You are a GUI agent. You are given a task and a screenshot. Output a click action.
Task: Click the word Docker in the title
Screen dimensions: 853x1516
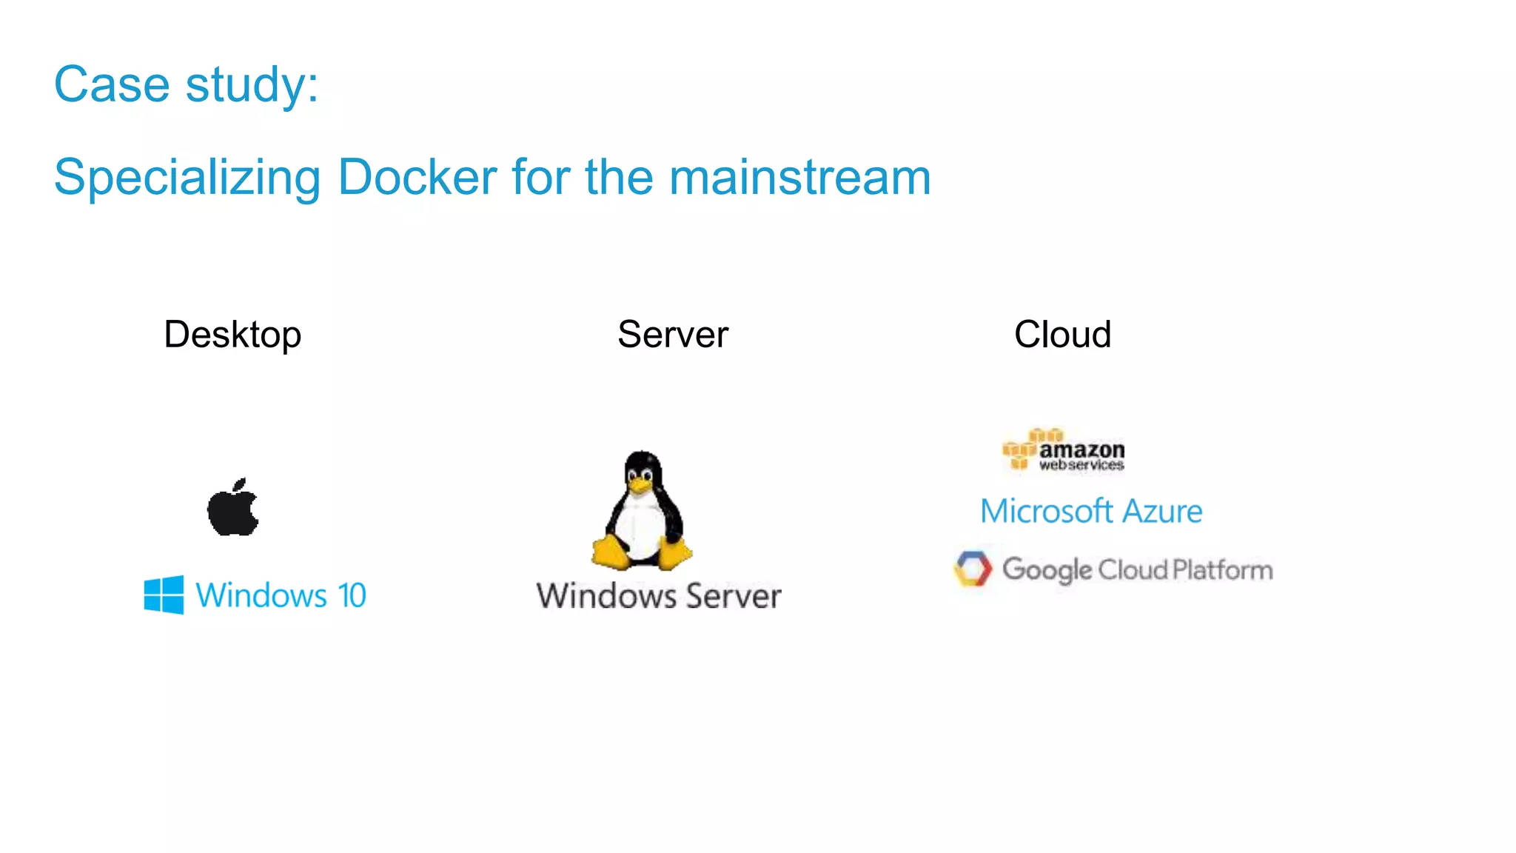[417, 177]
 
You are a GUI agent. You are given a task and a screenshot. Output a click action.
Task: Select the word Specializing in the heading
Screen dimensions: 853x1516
[187, 178]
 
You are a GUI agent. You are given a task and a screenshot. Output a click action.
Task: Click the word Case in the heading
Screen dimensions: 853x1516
[112, 84]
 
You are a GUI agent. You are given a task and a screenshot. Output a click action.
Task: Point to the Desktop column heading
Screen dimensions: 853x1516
[232, 335]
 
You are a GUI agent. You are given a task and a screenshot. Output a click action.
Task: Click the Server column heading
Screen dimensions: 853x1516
[673, 335]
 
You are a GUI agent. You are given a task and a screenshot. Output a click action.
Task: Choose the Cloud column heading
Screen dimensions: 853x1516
[1062, 335]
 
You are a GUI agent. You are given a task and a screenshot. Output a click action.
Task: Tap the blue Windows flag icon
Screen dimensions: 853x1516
[164, 595]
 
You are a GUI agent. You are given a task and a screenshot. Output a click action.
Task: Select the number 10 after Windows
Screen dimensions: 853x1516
[352, 595]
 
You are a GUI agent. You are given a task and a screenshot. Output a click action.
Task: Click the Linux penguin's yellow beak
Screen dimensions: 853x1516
[640, 485]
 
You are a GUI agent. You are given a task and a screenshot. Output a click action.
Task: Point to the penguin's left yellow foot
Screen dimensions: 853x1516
[610, 552]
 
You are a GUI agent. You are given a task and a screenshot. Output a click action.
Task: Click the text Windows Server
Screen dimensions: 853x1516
[659, 596]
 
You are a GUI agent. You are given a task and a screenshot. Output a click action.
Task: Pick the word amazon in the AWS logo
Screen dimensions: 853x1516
[1081, 449]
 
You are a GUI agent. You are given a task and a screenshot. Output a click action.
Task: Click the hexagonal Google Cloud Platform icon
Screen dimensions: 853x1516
[973, 569]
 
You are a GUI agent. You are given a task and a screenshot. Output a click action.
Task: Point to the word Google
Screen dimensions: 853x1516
[1047, 570]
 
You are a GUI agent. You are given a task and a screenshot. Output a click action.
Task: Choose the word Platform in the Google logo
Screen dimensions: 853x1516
[1223, 570]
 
